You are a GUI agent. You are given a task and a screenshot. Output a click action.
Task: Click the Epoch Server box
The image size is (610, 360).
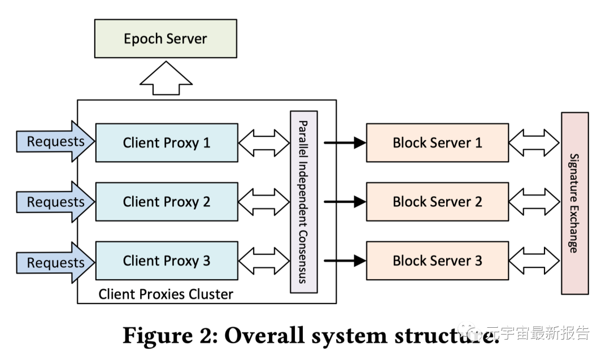(x=165, y=38)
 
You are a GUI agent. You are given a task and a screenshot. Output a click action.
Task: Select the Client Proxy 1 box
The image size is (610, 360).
(x=167, y=142)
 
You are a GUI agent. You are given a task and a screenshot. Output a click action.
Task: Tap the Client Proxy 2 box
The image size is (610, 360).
(x=167, y=202)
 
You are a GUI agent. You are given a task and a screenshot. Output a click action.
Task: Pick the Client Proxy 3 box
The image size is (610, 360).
(x=167, y=261)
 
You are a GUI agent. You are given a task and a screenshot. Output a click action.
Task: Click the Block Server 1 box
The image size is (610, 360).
(x=437, y=142)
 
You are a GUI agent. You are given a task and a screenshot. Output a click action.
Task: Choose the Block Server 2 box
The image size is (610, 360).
(x=437, y=202)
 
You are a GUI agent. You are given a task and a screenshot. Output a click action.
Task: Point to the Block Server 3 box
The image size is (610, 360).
(x=437, y=261)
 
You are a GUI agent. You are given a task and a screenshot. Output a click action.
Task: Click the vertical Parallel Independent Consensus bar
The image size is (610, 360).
(x=304, y=202)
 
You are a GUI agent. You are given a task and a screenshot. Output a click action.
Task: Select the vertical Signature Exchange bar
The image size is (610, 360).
(x=574, y=203)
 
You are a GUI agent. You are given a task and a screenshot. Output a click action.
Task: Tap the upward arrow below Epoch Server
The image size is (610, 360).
(x=165, y=80)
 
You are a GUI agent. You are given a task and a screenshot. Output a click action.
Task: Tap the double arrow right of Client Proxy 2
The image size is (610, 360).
(x=264, y=202)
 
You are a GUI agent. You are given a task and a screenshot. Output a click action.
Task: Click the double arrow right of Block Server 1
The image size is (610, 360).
(x=534, y=142)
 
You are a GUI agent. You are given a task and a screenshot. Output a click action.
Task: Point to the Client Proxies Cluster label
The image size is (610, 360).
(x=165, y=294)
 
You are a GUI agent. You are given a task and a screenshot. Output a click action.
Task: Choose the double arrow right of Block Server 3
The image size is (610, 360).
(x=534, y=261)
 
